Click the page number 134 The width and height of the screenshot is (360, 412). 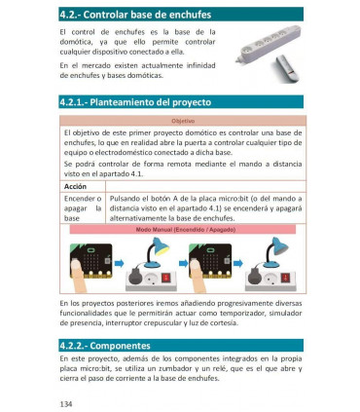point(66,401)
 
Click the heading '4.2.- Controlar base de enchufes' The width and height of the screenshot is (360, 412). point(132,16)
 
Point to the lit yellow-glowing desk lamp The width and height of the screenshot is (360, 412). point(153,254)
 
